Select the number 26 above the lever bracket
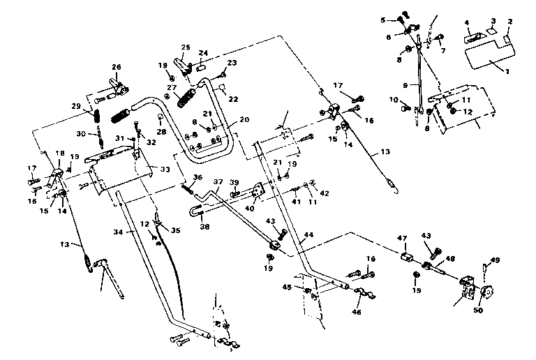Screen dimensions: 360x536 [x=116, y=67]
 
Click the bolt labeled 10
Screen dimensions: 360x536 [x=405, y=108]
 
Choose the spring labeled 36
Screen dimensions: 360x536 [x=188, y=185]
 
